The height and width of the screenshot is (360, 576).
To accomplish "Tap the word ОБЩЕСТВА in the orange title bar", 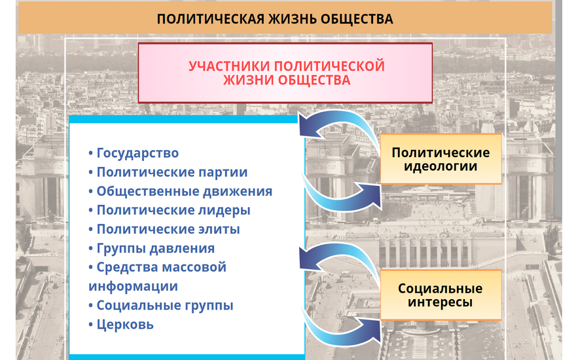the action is (357, 19).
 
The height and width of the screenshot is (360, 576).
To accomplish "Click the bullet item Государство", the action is (134, 153).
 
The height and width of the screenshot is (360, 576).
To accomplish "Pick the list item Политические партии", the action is (168, 172).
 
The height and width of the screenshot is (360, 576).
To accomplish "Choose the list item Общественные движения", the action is (181, 191).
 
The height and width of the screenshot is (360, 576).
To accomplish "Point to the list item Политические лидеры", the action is (170, 210).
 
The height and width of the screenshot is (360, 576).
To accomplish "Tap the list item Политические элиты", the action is (164, 229).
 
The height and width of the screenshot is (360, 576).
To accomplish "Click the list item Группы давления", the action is (152, 248).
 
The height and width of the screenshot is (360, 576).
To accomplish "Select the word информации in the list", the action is (134, 286).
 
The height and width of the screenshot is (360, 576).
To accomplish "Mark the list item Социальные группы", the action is (161, 305).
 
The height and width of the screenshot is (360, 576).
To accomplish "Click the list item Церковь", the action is (121, 325).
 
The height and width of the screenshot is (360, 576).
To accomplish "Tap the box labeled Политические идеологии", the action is (441, 158).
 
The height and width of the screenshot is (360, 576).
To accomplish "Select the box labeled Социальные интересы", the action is (441, 295).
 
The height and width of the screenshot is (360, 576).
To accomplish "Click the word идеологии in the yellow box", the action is (441, 166).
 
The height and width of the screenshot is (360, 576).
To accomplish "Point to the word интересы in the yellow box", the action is (440, 302).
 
